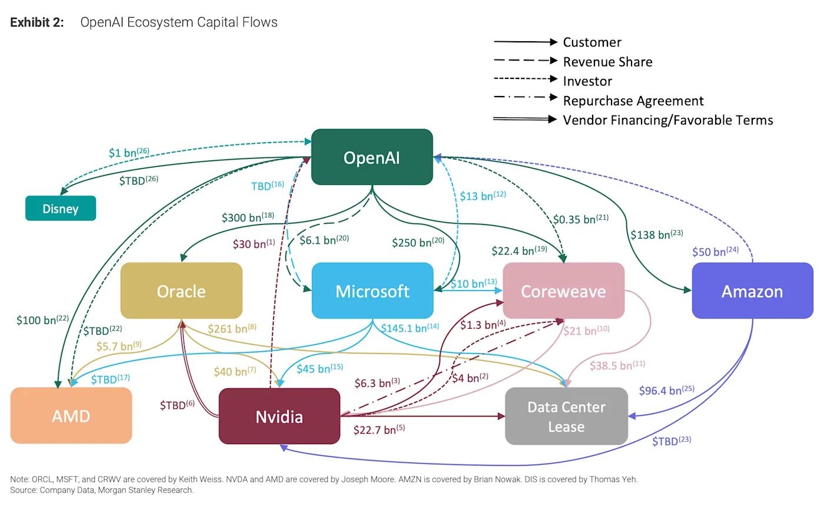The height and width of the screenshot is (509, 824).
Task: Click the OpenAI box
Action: coord(372,157)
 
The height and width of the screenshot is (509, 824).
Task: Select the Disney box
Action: coord(61,209)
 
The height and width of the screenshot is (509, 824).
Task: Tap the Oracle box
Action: coord(181,291)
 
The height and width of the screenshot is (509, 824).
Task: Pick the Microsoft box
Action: coord(372,291)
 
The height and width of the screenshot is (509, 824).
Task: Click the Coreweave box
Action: coord(563,291)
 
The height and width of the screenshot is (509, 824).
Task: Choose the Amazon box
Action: coord(752,291)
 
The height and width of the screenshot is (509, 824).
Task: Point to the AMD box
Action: coord(71,416)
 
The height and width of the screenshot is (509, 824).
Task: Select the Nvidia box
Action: coord(280,417)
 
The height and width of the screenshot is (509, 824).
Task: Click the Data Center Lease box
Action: coord(566,417)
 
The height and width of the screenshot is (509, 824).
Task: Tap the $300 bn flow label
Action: coord(247,217)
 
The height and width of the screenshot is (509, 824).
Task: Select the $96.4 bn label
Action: coord(666,390)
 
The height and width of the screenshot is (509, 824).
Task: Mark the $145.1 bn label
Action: coord(410,328)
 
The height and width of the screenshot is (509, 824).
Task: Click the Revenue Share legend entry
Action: coord(607,62)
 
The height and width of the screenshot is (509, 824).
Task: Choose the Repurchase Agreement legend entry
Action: coord(633,101)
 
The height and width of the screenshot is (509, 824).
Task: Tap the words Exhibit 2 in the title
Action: coord(37,22)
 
